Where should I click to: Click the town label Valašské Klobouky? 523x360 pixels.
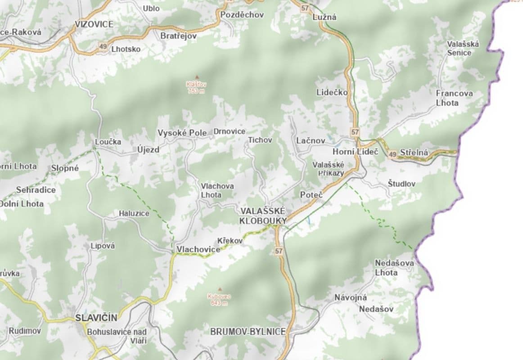pos(263,216)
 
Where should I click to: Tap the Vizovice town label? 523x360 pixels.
pos(95,24)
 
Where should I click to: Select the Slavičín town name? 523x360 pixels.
pos(96,318)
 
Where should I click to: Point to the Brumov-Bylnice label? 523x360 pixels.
pos(248,332)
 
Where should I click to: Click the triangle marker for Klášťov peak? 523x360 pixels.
pos(196,77)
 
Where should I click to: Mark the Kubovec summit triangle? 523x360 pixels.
pos(220,289)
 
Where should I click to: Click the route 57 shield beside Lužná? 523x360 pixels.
pos(306,9)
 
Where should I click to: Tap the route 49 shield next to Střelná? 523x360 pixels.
pos(392,154)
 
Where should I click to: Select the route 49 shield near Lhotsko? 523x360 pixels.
pos(104,46)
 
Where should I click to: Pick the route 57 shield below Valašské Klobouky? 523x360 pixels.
pos(279,251)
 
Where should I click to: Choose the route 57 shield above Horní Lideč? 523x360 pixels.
pos(356,132)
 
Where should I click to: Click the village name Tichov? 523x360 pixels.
pos(260,140)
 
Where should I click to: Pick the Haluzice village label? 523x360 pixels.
pos(134,213)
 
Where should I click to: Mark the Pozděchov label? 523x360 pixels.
pos(242,14)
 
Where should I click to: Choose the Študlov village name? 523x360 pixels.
pos(401,184)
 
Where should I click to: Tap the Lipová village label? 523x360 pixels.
pos(103,246)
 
